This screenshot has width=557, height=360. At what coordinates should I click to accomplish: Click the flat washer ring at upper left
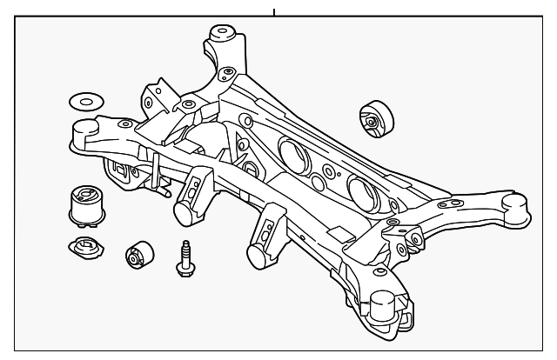pyautogui.click(x=84, y=100)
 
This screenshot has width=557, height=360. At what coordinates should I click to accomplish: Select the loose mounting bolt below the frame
pyautogui.click(x=184, y=258)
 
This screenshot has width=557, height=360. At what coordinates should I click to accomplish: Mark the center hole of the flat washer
pyautogui.click(x=84, y=100)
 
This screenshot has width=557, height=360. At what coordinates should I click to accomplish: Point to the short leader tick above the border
pyautogui.click(x=274, y=12)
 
